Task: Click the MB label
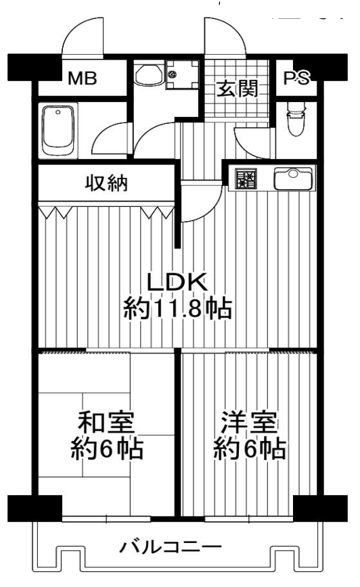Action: point(83,78)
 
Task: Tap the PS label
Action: point(296,78)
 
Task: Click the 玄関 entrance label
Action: point(238,89)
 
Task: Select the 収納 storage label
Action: point(107,183)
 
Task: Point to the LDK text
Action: point(177,282)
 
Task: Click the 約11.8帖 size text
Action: point(178,308)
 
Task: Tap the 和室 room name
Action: point(106,422)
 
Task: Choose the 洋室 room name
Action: point(249,422)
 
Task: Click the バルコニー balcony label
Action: point(171,548)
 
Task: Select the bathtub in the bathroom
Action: point(58,131)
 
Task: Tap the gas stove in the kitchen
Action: point(246,179)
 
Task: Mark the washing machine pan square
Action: point(181,75)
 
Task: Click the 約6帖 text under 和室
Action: point(107,448)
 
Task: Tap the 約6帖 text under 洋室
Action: point(250,448)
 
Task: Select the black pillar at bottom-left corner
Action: point(35,509)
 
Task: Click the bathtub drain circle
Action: point(58,112)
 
